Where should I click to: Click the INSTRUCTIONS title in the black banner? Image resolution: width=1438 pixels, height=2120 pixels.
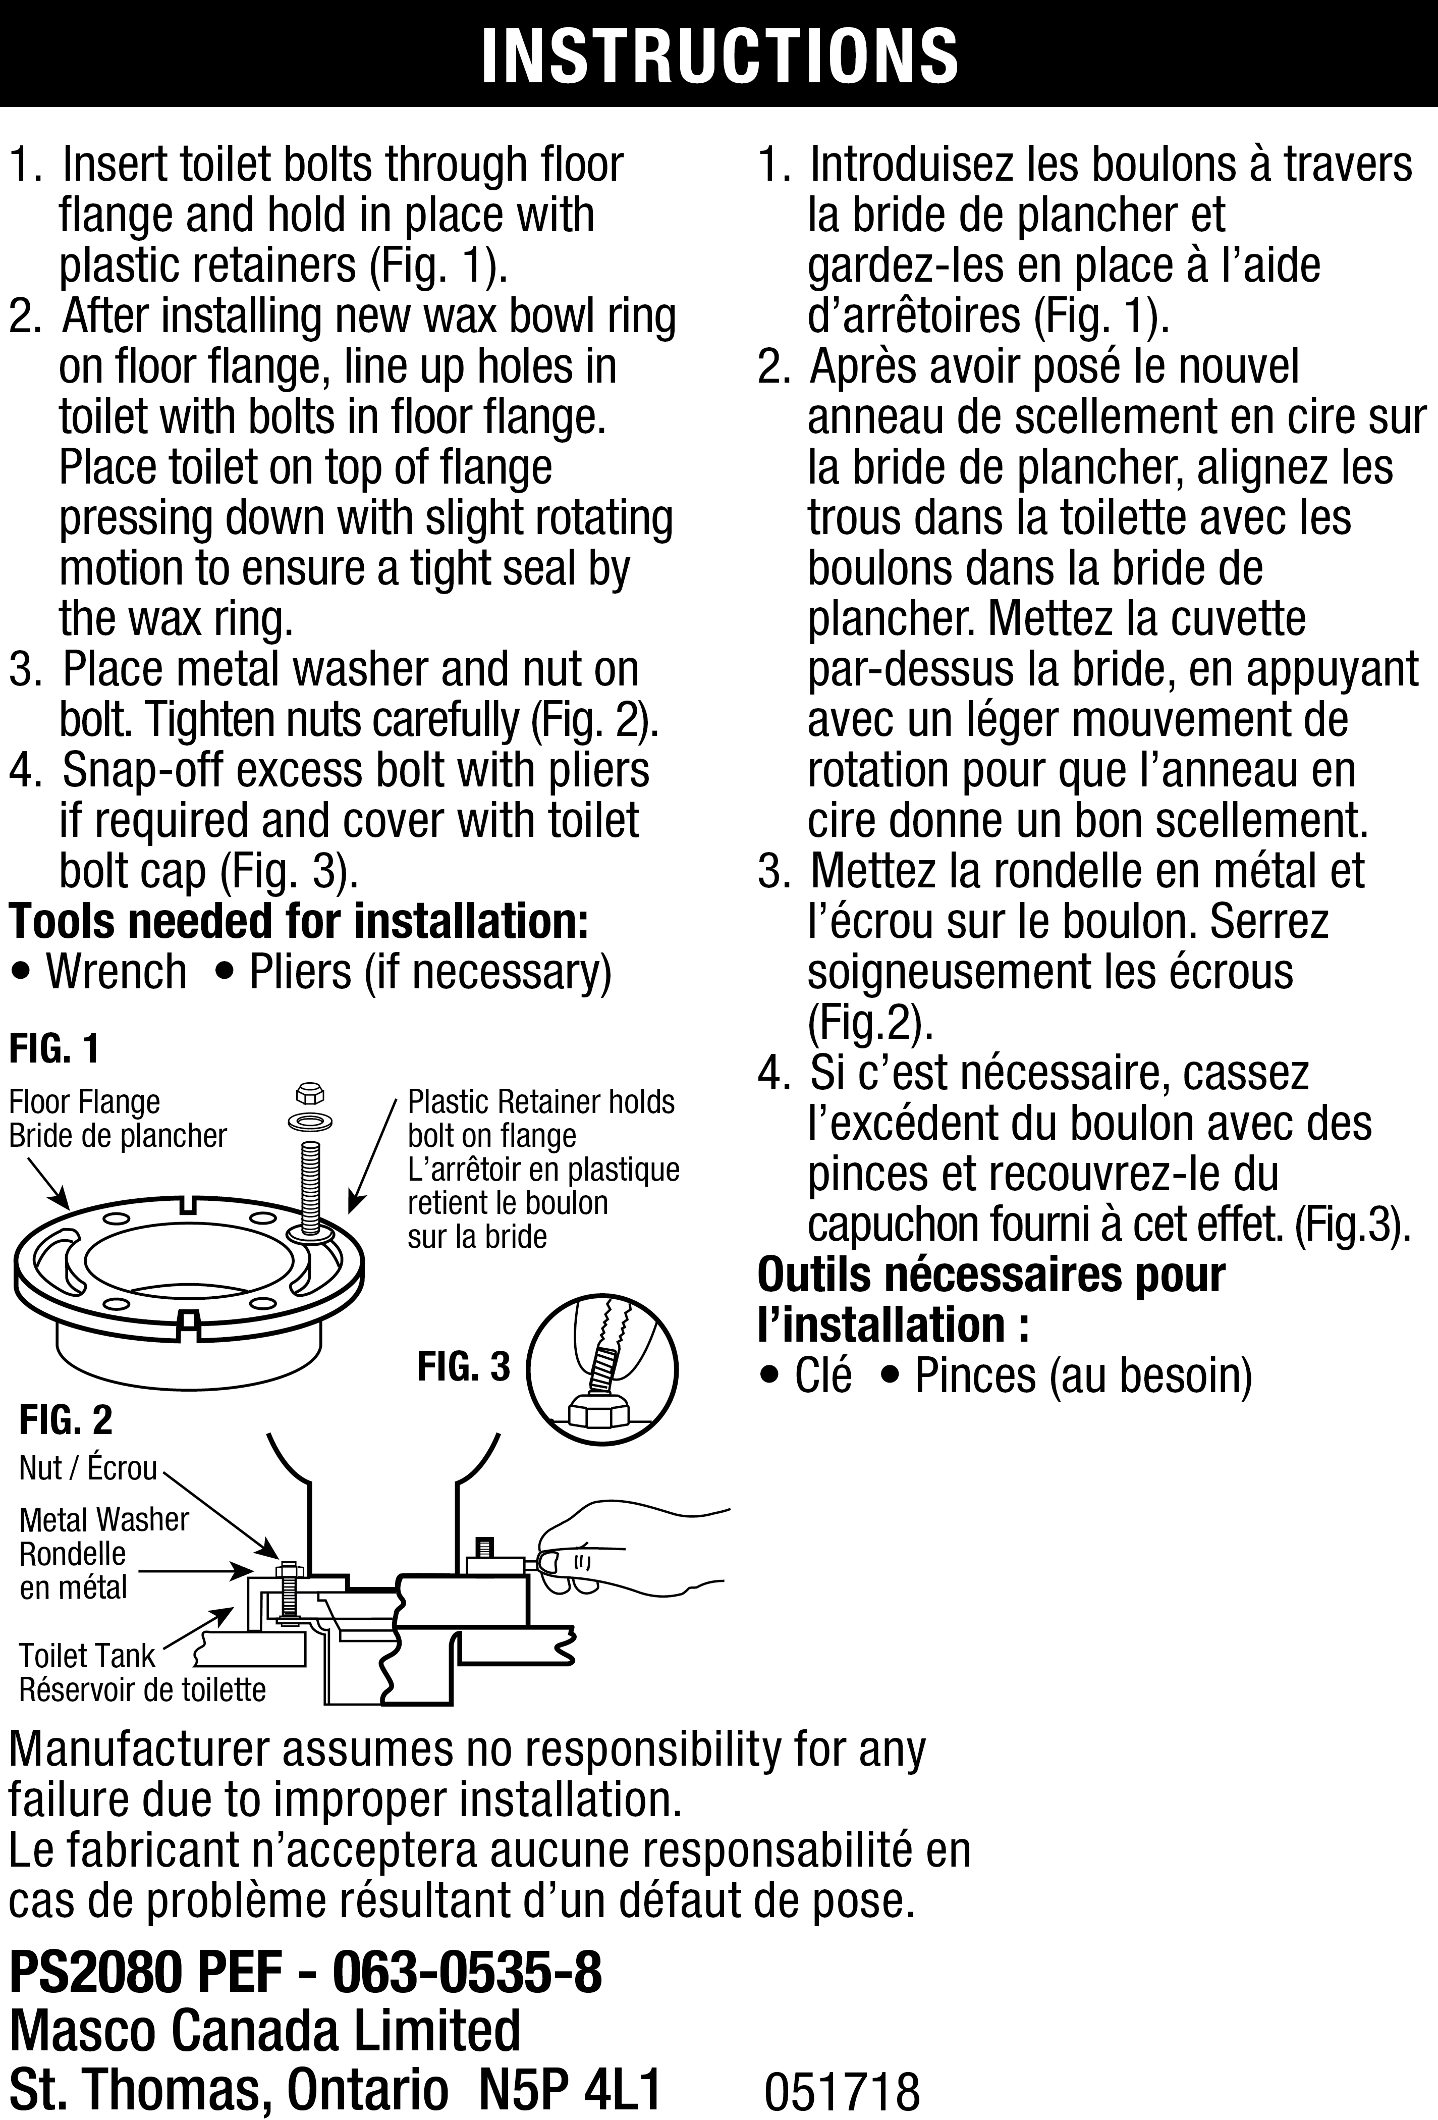click(x=718, y=55)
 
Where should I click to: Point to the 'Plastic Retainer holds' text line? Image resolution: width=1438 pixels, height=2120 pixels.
click(x=541, y=1102)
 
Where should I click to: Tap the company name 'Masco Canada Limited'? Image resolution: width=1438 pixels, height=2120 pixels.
click(x=264, y=2029)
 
